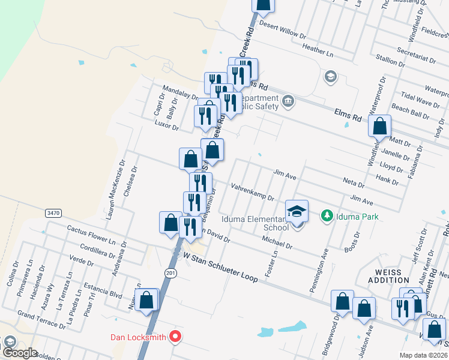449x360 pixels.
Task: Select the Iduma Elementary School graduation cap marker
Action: click(297, 211)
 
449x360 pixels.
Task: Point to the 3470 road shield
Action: click(53, 213)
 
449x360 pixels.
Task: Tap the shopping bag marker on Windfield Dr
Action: click(379, 127)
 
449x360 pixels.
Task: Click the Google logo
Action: click(19, 353)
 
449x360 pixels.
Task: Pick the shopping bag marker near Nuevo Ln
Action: click(146, 300)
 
